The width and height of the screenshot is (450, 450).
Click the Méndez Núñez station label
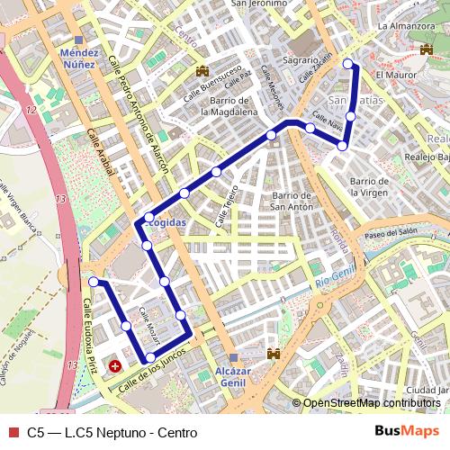(78, 59)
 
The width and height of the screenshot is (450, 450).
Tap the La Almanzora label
(407, 27)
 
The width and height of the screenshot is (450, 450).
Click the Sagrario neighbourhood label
(300, 59)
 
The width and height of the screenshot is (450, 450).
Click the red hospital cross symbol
(115, 367)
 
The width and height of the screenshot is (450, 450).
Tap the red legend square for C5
(12, 432)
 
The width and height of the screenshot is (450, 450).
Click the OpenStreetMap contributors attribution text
(371, 403)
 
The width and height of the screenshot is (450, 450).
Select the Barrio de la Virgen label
(366, 186)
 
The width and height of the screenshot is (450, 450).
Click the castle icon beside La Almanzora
(426, 50)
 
